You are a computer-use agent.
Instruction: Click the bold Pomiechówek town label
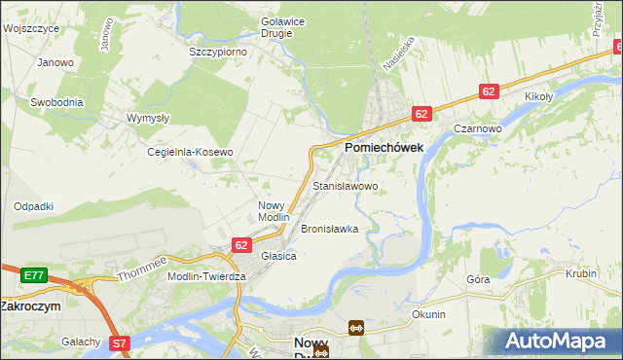tap(383, 147)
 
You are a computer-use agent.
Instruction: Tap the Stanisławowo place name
tap(345, 185)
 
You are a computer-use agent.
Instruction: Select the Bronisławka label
tap(330, 230)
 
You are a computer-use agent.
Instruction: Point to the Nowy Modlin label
tap(274, 211)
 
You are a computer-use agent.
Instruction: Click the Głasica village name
tap(278, 256)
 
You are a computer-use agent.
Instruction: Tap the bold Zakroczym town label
tap(30, 305)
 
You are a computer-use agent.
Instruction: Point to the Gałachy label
tap(81, 342)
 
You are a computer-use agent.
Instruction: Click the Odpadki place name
tap(33, 206)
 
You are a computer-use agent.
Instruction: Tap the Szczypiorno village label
tap(217, 52)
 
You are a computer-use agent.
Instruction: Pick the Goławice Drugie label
tap(276, 26)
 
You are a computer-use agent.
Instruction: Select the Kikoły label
tap(538, 97)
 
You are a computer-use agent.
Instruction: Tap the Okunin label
tap(428, 314)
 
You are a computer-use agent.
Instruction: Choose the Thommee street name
tap(142, 269)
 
